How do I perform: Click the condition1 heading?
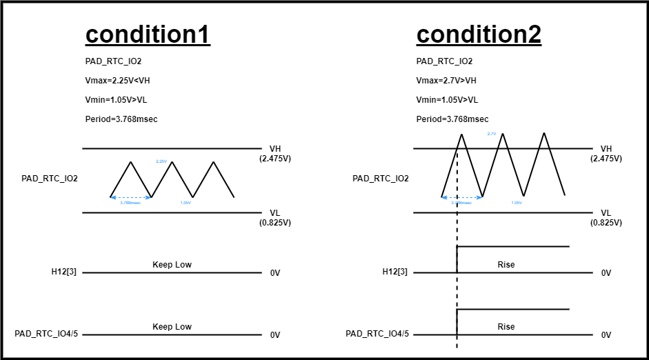tap(148, 34)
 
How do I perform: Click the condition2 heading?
tap(479, 34)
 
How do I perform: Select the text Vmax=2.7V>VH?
tap(446, 81)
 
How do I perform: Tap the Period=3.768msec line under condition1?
tap(121, 119)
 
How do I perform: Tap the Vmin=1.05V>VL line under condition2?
tap(447, 100)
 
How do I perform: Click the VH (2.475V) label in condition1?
tap(275, 153)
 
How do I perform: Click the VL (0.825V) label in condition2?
tap(606, 218)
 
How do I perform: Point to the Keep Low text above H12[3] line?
tap(172, 265)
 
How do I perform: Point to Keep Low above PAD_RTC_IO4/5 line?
tap(172, 327)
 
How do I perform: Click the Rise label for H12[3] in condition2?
tap(506, 265)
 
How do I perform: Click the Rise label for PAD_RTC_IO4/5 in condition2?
tap(506, 327)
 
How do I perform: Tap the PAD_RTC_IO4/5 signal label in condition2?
tap(377, 334)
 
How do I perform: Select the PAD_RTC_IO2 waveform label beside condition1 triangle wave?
tap(50, 179)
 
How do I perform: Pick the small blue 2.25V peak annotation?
tap(161, 161)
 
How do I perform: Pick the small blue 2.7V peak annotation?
tap(492, 134)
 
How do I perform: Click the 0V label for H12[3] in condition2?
tap(606, 273)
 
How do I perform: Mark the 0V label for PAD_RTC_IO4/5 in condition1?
tap(275, 335)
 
